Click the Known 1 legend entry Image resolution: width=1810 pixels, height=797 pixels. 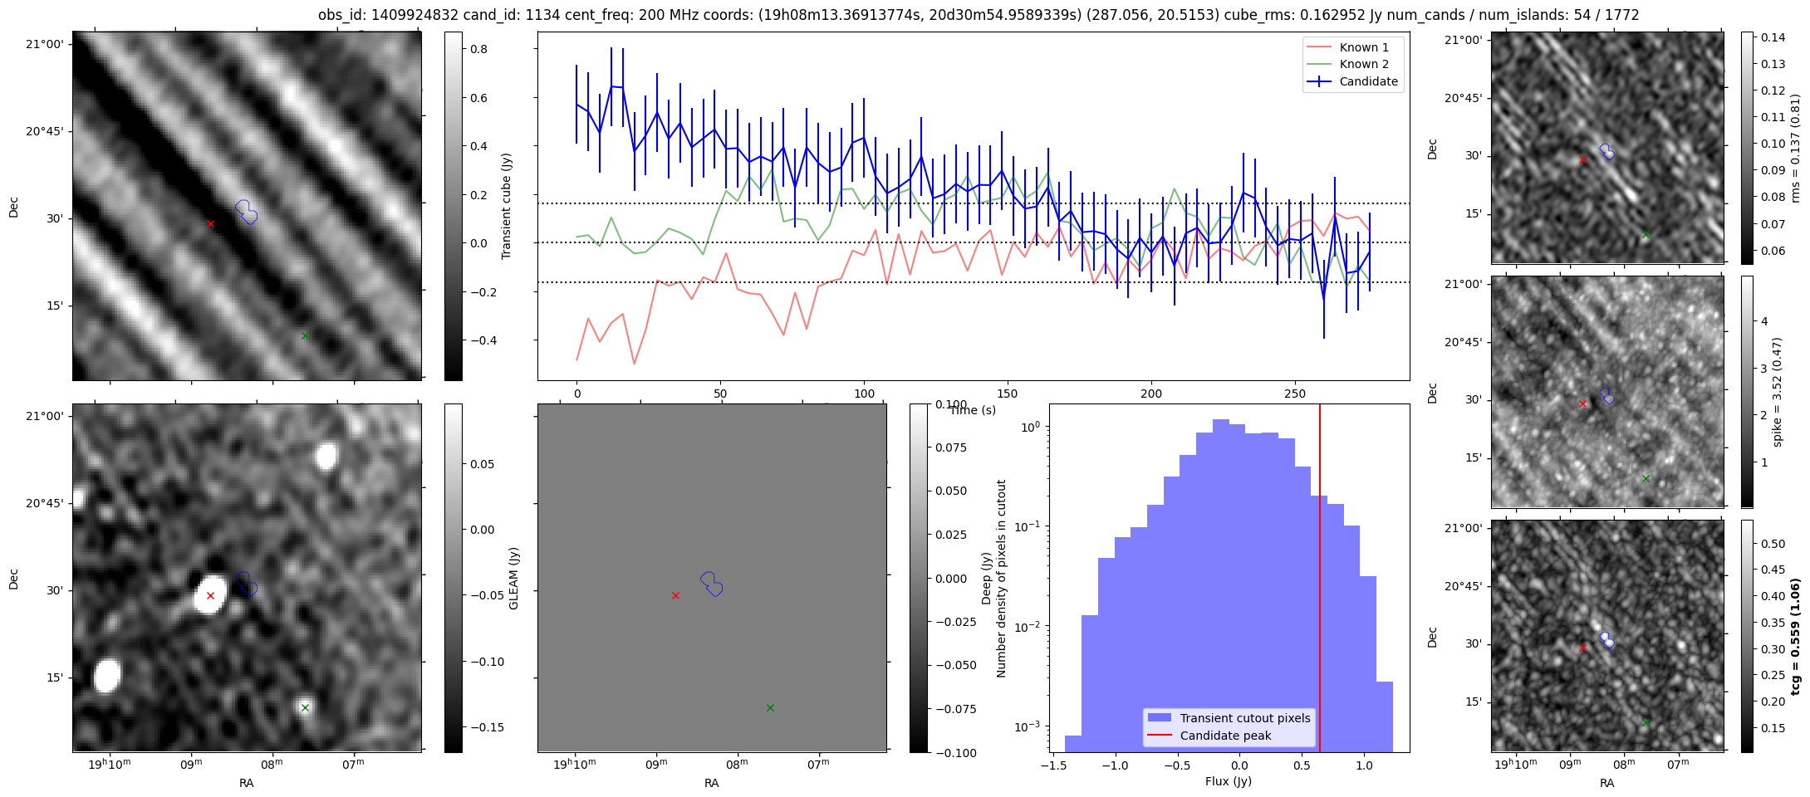click(1363, 47)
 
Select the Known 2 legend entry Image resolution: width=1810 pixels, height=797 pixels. click(1363, 64)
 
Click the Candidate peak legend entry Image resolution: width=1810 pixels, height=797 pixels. click(1225, 736)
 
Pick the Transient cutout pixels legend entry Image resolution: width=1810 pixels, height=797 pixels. click(1244, 718)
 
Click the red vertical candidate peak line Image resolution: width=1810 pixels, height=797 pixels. click(1320, 581)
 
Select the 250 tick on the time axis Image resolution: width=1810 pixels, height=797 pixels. click(1295, 394)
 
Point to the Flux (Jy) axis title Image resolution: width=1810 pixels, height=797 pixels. click(1229, 781)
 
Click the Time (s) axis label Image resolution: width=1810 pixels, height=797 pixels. click(973, 410)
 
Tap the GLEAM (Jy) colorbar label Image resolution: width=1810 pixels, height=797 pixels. click(514, 579)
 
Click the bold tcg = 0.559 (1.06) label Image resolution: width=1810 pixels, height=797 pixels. click(1795, 637)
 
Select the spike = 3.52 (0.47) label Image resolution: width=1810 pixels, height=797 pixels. click(1777, 392)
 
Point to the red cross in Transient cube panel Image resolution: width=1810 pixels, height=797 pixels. click(210, 223)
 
